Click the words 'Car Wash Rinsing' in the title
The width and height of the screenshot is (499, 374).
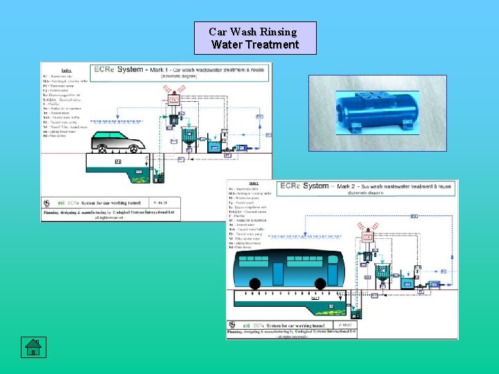pyautogui.click(x=253, y=32)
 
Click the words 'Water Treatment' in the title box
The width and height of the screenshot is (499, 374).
pyautogui.click(x=255, y=45)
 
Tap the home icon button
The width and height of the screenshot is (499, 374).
pyautogui.click(x=33, y=347)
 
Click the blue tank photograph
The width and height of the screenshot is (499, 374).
pyautogui.click(x=378, y=113)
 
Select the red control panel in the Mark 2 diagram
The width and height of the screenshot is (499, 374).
pyautogui.click(x=367, y=237)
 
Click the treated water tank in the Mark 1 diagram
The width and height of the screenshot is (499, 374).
pyautogui.click(x=216, y=147)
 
